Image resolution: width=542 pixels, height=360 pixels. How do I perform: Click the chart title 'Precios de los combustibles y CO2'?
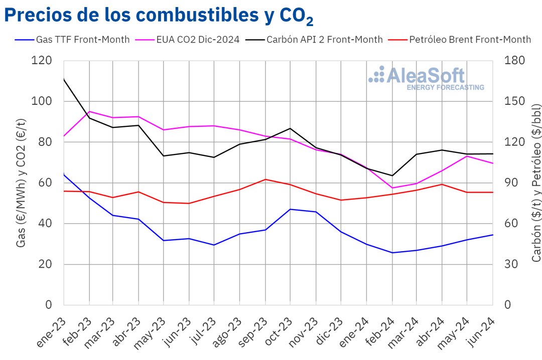tap(159, 16)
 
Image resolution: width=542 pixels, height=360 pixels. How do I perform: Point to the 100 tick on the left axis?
tap(42, 101)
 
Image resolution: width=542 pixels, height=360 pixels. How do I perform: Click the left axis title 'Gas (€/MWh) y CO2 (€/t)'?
tap(21, 183)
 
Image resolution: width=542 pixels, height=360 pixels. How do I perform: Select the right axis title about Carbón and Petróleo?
tap(536, 183)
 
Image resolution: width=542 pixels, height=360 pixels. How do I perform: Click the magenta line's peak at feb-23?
tap(89, 111)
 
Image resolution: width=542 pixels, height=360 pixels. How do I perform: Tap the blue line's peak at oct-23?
tap(291, 209)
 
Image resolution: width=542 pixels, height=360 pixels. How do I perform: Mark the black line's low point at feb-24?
tap(392, 175)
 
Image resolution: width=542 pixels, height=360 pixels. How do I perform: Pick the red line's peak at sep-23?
tap(265, 179)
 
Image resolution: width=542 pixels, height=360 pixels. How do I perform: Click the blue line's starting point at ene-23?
tap(64, 174)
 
